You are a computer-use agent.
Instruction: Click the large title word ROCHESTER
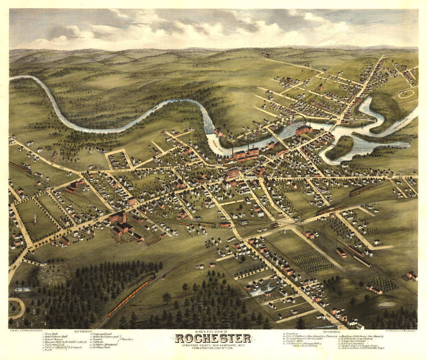[213, 338]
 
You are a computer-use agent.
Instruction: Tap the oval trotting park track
[406, 94]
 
